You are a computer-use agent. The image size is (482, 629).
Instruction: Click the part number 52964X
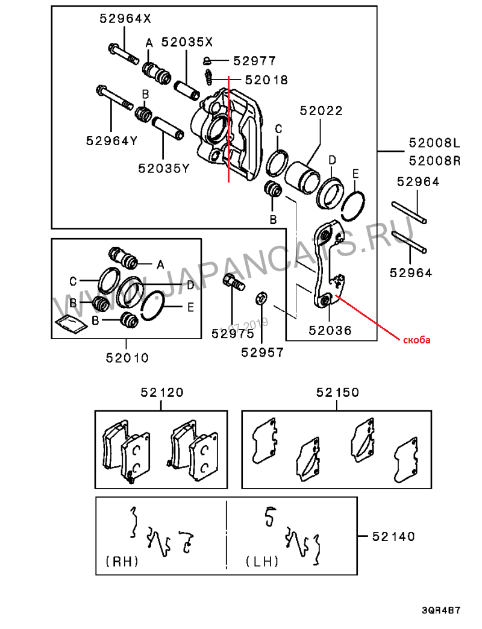[125, 19]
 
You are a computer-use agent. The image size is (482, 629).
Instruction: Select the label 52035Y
[164, 168]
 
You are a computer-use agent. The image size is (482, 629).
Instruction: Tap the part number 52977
[255, 61]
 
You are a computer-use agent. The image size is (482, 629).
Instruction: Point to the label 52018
[266, 80]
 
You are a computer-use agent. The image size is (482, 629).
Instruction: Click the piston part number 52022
[321, 110]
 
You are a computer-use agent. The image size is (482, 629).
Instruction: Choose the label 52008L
[434, 142]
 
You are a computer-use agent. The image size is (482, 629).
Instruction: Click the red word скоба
[417, 340]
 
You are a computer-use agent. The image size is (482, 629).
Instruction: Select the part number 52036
[330, 330]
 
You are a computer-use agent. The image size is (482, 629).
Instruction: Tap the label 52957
[262, 352]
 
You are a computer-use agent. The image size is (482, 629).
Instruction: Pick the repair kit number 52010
[127, 357]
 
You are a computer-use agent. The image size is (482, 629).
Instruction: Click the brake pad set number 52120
[162, 392]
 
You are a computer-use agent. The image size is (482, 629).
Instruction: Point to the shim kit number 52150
[337, 392]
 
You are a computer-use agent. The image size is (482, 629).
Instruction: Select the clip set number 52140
[393, 536]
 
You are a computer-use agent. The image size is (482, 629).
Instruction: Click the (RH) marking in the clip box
[122, 561]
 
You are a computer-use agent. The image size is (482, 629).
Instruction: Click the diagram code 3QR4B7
[440, 610]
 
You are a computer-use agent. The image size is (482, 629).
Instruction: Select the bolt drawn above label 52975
[233, 282]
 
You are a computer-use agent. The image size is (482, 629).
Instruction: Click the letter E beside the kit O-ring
[190, 307]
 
